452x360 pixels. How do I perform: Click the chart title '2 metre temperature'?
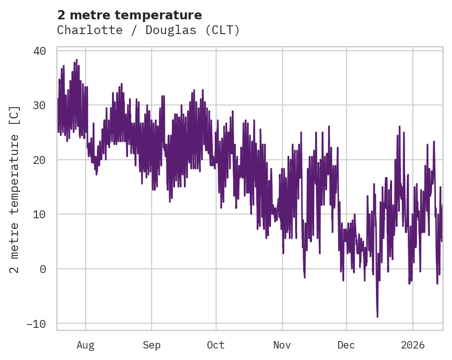(x=129, y=15)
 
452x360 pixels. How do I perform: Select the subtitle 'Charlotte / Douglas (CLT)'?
(x=148, y=30)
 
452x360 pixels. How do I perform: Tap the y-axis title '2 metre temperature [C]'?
(x=15, y=189)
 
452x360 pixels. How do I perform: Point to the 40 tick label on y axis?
(x=40, y=51)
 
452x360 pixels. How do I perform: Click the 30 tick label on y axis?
(x=40, y=105)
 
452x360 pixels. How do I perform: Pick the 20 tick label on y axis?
(x=40, y=160)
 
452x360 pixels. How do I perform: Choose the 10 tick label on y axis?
(x=40, y=215)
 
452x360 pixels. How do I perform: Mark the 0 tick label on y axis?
(x=43, y=269)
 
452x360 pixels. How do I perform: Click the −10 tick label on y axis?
(x=36, y=324)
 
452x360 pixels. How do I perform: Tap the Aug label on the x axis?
(x=86, y=345)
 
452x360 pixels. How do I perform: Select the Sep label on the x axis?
(x=152, y=345)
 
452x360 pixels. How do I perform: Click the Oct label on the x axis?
(x=216, y=345)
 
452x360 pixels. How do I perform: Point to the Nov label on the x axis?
(x=282, y=345)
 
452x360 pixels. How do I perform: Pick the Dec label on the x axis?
(x=346, y=345)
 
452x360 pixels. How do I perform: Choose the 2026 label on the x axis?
(x=413, y=345)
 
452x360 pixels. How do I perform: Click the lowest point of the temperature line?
(x=377, y=317)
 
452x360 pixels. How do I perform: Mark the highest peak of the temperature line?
(x=76, y=60)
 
